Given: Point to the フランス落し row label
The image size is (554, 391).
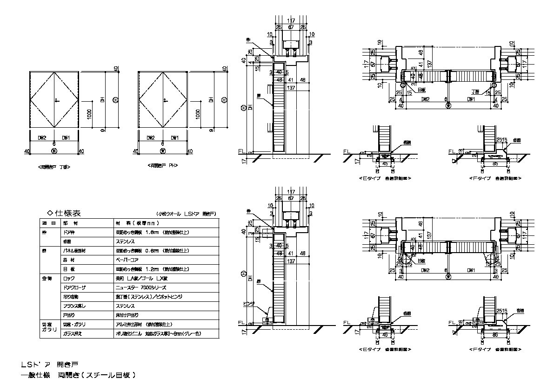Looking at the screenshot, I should (x=74, y=306).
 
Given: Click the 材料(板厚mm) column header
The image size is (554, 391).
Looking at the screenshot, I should (x=139, y=223).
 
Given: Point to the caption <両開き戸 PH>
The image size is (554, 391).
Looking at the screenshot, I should (x=163, y=165).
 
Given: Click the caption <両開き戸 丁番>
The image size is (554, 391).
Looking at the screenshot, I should (x=54, y=166).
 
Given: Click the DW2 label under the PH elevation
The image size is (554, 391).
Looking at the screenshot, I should (x=150, y=137).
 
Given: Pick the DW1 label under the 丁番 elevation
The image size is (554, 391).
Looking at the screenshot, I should (x=66, y=137).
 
